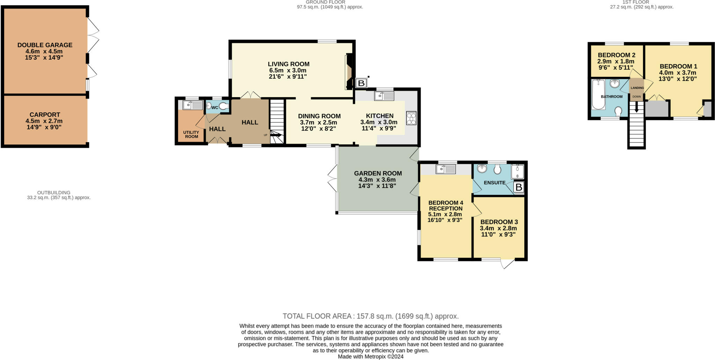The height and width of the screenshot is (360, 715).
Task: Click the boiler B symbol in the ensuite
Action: [519, 188]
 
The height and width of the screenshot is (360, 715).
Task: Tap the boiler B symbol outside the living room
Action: [361, 83]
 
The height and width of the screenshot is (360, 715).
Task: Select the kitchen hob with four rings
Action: [411, 118]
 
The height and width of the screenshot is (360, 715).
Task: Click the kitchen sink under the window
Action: [384, 96]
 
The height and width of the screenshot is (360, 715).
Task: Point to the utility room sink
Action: [193, 105]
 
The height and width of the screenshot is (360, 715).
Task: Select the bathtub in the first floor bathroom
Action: [598, 94]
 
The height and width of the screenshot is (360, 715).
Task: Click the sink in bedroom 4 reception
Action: [446, 169]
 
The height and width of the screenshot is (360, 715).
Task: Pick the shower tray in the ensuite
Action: [517, 172]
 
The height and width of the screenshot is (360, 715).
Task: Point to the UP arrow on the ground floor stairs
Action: [276, 135]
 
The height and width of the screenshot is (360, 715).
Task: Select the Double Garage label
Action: [45, 45]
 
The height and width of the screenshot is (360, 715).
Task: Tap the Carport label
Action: [45, 115]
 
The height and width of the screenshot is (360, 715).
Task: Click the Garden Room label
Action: [378, 173]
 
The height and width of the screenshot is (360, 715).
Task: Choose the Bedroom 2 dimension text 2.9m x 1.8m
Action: [616, 61]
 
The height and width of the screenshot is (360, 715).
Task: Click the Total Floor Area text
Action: [371, 316]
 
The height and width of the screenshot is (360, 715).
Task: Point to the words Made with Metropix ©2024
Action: [371, 357]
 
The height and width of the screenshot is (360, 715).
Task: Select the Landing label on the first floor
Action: [637, 88]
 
